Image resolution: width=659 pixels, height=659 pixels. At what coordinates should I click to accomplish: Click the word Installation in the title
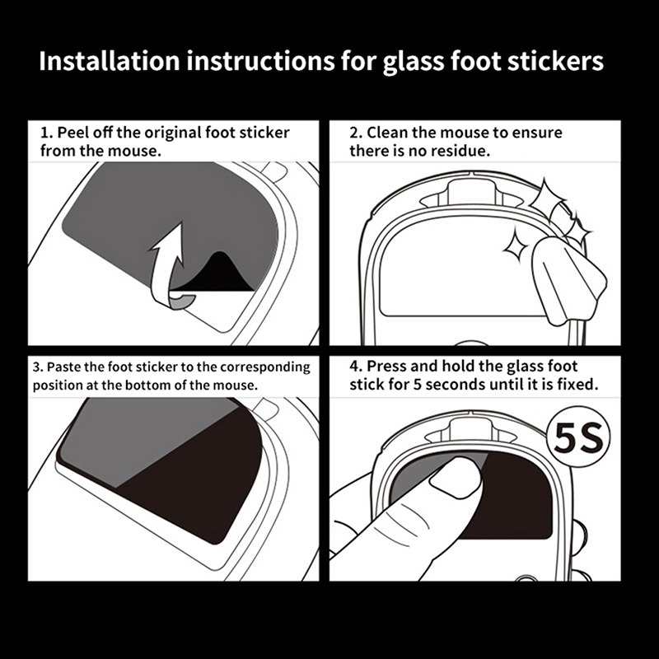click(110, 61)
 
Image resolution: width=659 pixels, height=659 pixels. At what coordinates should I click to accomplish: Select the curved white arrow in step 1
click(168, 265)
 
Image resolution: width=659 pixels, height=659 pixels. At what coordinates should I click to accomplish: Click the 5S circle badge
click(578, 437)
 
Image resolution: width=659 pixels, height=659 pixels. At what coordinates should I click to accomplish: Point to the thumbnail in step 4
click(457, 477)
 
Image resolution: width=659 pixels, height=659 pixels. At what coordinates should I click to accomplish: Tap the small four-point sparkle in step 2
click(516, 247)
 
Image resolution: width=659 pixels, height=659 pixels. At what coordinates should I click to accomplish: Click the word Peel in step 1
click(72, 133)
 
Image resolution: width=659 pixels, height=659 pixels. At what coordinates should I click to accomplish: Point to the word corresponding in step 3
click(265, 367)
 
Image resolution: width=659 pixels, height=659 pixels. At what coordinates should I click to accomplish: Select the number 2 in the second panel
click(355, 133)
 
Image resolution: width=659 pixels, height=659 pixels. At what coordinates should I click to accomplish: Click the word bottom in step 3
click(146, 385)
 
